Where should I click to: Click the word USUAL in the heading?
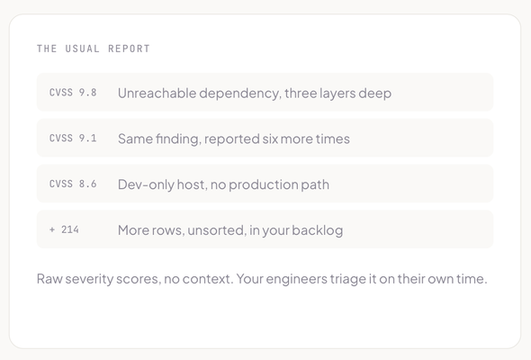pos(82,49)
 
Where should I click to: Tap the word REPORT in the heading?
pos(129,49)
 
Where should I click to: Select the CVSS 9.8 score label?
pos(73,93)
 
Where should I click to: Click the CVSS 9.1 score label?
pos(73,139)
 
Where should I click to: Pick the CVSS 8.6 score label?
pos(73,184)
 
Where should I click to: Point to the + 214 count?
pos(64,229)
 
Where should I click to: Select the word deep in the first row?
pos(375,94)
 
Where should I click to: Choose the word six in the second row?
pos(270,139)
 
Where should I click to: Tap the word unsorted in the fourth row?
pos(216,230)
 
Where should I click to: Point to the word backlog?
pos(318,230)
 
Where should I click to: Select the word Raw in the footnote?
pos(49,279)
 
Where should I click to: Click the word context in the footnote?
pos(207,279)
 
